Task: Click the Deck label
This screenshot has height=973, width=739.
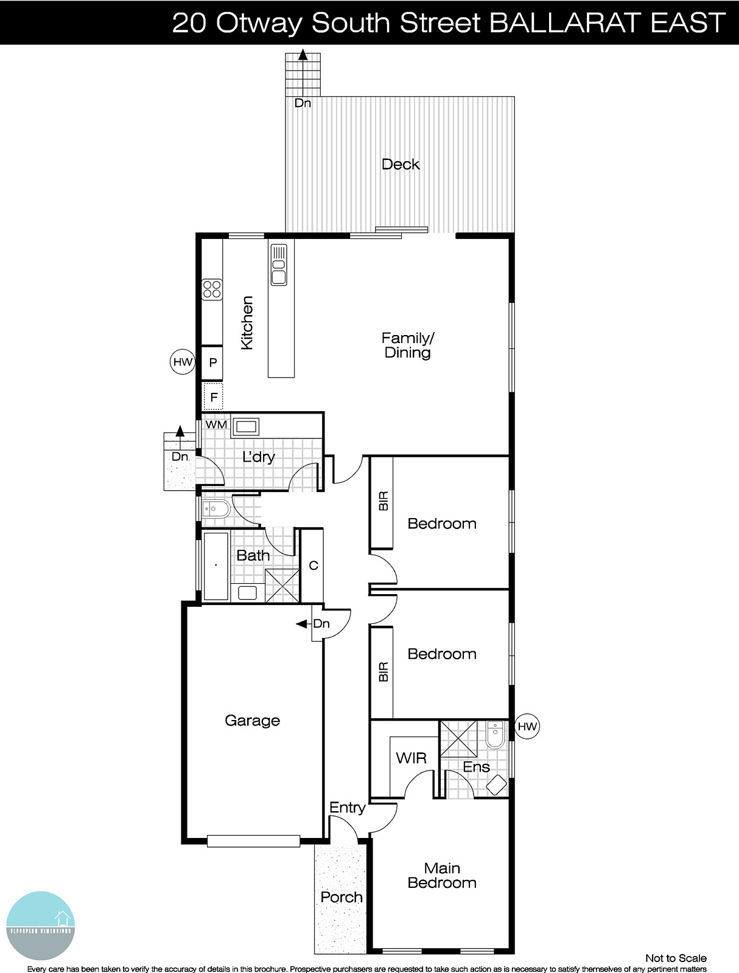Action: point(400,164)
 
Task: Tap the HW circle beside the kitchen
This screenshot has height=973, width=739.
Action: point(182,362)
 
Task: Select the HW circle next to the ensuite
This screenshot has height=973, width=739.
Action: point(527,726)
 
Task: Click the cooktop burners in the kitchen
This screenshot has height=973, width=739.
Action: point(212,289)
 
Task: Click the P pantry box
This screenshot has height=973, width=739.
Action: point(212,362)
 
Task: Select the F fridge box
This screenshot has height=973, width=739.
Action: point(214,397)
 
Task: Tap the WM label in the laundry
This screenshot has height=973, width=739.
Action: point(216,424)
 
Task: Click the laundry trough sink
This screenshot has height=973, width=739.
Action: point(245,426)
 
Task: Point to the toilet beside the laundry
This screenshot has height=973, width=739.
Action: point(216,508)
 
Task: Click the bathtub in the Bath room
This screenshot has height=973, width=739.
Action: point(215,566)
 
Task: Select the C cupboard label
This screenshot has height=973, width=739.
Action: point(313,566)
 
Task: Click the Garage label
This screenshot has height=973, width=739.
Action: point(252,721)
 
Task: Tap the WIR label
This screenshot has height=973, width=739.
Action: point(411,758)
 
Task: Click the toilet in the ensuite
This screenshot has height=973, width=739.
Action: point(496,734)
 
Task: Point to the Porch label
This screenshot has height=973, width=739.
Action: point(341,897)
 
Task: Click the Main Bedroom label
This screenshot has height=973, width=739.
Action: point(442,876)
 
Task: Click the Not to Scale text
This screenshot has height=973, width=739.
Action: point(676,958)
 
